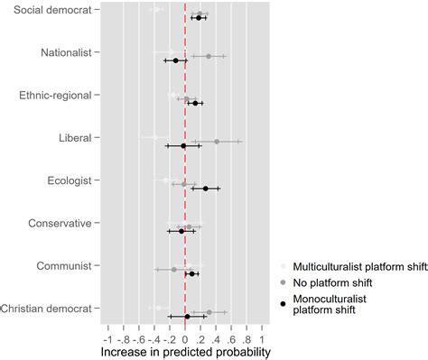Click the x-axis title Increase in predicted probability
point(185,351)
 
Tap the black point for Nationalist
point(176,60)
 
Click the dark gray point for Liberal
point(217,141)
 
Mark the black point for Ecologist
point(206,189)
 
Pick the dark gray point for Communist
point(173,269)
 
